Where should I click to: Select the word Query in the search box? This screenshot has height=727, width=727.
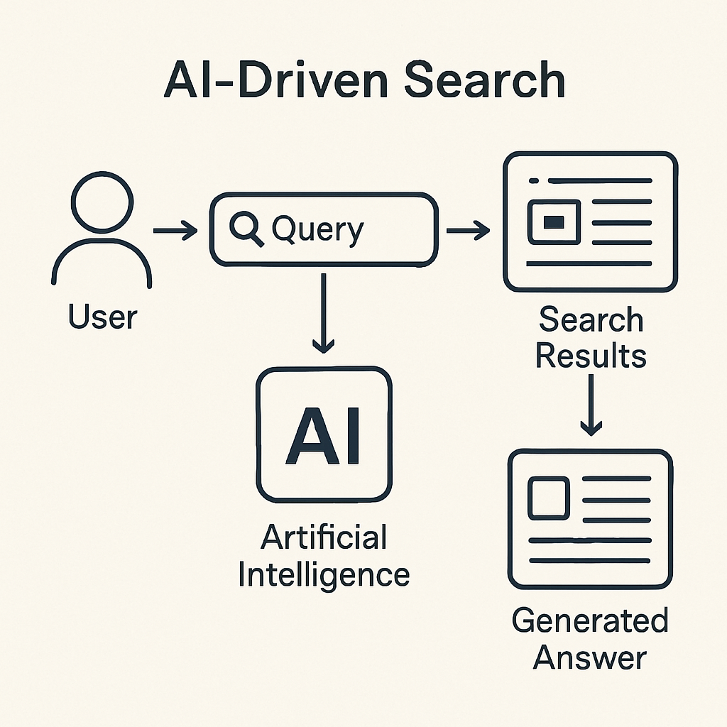317,230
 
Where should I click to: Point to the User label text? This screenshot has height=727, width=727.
103,317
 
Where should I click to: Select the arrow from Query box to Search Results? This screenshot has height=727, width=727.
468,230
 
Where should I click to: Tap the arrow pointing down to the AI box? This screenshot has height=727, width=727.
324,312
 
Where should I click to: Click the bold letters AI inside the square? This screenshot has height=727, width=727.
324,435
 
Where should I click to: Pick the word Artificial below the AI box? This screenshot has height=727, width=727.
324,537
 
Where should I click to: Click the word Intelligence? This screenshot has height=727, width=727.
324,574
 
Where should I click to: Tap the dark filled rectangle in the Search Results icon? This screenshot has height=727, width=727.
553,222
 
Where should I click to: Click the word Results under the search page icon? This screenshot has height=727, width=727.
591,355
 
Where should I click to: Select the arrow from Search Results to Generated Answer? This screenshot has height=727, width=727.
591,405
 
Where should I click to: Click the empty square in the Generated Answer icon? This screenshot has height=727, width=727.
548,496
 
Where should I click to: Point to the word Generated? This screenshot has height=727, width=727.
590,621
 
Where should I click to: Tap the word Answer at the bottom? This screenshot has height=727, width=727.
590,658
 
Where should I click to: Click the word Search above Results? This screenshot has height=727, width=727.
591,320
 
